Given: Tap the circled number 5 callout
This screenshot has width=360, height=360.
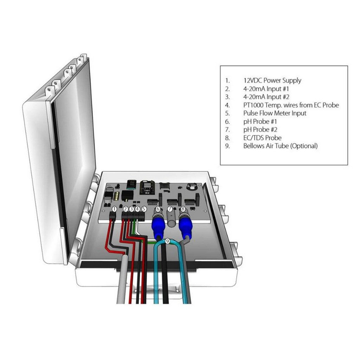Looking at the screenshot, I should pyautogui.click(x=144, y=209).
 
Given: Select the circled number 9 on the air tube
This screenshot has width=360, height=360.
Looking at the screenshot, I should pyautogui.click(x=167, y=241).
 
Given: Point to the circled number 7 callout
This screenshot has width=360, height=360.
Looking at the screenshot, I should pyautogui.click(x=170, y=209).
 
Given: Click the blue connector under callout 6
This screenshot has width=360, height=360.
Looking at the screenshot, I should pyautogui.click(x=158, y=227).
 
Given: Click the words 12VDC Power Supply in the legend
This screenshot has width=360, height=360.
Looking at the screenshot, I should pyautogui.click(x=272, y=81).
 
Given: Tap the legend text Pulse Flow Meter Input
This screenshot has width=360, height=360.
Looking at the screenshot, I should pyautogui.click(x=275, y=113).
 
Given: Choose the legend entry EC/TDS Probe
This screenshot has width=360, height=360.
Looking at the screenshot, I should pyautogui.click(x=262, y=138).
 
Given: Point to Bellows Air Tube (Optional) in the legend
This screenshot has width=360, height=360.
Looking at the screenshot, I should pyautogui.click(x=280, y=146).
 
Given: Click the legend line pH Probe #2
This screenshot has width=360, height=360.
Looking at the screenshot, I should pyautogui.click(x=261, y=129).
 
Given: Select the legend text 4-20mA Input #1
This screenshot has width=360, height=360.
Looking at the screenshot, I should pyautogui.click(x=266, y=89).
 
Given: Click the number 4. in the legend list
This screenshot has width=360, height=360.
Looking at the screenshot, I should pyautogui.click(x=227, y=105).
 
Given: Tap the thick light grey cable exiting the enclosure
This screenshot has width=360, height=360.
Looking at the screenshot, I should pyautogui.click(x=121, y=281).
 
